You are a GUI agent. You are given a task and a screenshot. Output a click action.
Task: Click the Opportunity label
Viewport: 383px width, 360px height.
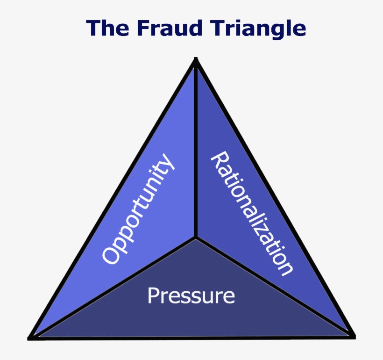click(x=137, y=209)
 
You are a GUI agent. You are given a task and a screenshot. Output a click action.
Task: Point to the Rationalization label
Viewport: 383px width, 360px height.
click(x=253, y=213)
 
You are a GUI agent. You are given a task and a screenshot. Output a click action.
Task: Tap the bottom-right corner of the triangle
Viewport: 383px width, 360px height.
click(x=352, y=336)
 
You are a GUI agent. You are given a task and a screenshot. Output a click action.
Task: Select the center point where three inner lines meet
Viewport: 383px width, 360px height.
click(x=196, y=238)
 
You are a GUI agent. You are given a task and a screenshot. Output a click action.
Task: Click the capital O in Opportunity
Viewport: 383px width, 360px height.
click(x=110, y=255)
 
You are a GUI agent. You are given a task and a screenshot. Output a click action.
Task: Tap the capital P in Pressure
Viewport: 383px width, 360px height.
click(x=152, y=295)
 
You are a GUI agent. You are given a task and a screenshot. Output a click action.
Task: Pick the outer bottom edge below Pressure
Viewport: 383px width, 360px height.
click(x=191, y=337)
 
